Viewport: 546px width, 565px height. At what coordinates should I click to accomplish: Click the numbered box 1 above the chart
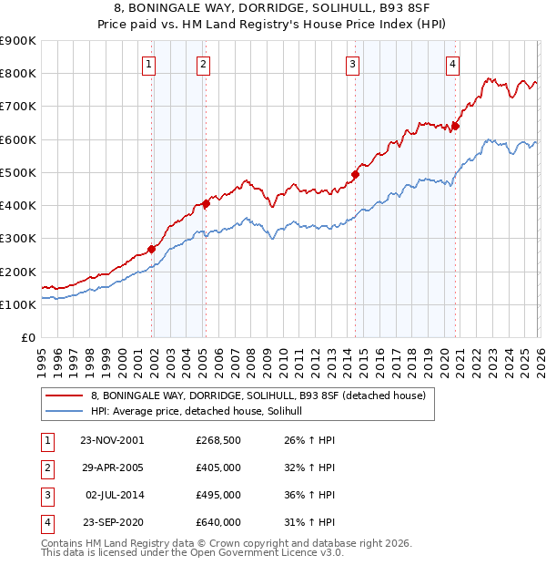point(148,64)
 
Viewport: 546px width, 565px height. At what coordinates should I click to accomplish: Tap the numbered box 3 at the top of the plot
point(352,64)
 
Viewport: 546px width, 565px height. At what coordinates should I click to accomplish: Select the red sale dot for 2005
point(207,204)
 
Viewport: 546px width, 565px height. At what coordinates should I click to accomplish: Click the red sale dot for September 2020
point(455,127)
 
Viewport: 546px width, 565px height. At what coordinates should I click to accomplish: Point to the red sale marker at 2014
point(356,174)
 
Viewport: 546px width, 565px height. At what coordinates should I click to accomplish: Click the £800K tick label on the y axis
point(17,73)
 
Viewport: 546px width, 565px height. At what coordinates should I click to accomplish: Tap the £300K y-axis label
point(17,239)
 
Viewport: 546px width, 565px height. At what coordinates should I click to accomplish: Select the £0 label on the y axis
point(27,338)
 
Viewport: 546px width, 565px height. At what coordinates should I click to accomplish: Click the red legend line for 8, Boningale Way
point(65,396)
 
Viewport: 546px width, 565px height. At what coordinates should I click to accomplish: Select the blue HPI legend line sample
point(65,412)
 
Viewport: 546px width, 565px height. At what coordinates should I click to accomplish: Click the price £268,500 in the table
point(217,440)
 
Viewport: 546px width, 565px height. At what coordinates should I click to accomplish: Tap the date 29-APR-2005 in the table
point(112,467)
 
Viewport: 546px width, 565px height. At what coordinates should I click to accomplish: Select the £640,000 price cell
point(217,522)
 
